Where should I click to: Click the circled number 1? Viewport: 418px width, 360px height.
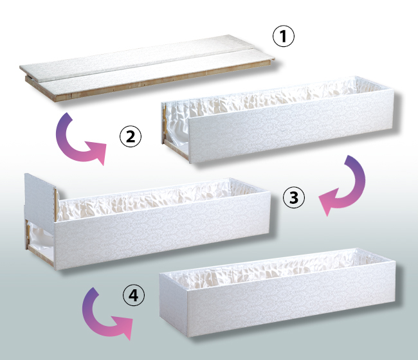pyautogui.click(x=284, y=36)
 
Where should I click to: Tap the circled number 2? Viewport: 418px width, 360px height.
pyautogui.click(x=131, y=136)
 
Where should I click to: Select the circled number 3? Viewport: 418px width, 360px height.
pyautogui.click(x=293, y=197)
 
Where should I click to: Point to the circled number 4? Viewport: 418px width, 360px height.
pyautogui.click(x=134, y=295)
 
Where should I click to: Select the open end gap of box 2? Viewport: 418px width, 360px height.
pyautogui.click(x=176, y=133)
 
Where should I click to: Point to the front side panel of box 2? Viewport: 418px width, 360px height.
pyautogui.click(x=291, y=126)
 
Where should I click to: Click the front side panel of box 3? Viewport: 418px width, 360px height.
pyautogui.click(x=163, y=230)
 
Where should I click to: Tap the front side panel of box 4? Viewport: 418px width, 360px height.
pyautogui.click(x=291, y=299)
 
